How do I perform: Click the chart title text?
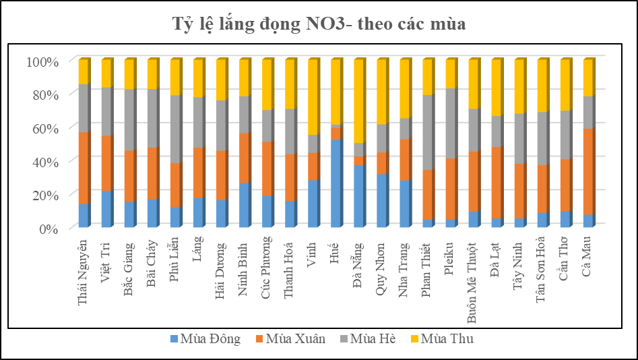pos(319,25)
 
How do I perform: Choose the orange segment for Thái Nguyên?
pos(84,168)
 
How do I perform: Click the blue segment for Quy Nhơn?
pos(381,200)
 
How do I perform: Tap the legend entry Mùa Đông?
pos(205,339)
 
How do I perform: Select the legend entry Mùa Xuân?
pos(290,339)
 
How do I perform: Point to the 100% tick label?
pos(43,61)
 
